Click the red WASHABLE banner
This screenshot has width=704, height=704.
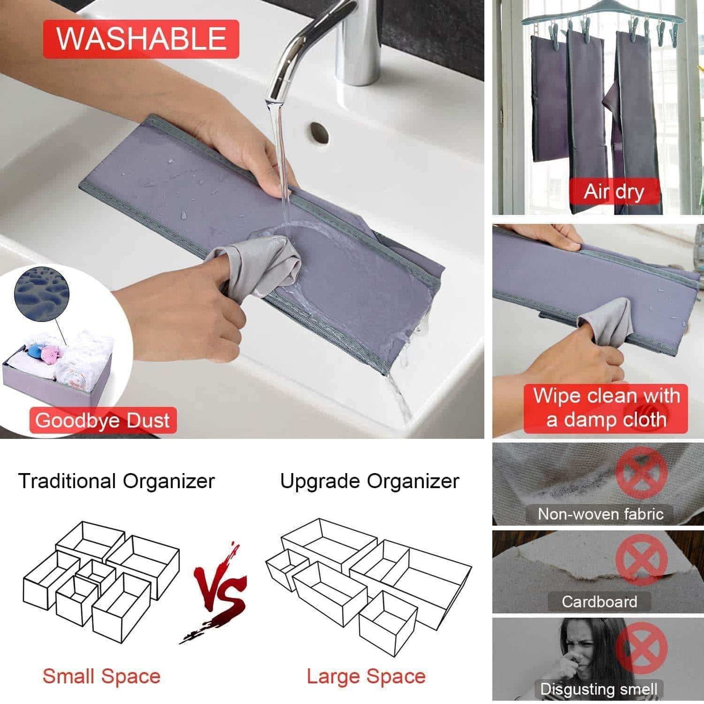pyautogui.click(x=141, y=39)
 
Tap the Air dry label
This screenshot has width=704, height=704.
pyautogui.click(x=613, y=191)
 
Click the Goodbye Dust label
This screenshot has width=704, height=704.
pyautogui.click(x=103, y=420)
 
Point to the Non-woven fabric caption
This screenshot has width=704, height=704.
pyautogui.click(x=601, y=514)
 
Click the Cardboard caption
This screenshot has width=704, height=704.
pyautogui.click(x=599, y=601)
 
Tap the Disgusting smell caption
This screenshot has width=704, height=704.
pyautogui.click(x=599, y=689)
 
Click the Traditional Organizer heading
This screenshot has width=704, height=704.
pyautogui.click(x=116, y=481)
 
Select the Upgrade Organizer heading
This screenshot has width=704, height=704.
pyautogui.click(x=369, y=481)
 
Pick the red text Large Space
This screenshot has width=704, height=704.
pyautogui.click(x=366, y=676)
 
